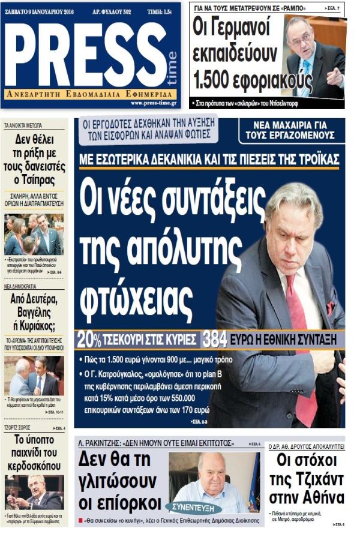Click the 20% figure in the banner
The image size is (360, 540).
(89, 340)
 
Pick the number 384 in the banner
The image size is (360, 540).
(214, 340)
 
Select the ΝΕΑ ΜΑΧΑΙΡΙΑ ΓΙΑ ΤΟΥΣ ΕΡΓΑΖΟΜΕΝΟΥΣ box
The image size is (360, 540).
(292, 131)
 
